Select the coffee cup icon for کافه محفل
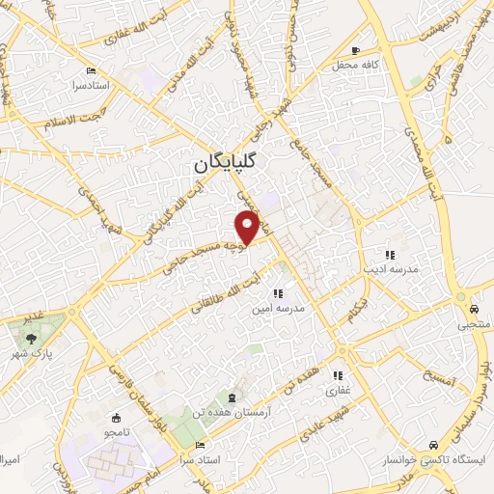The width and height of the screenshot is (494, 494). (357, 50)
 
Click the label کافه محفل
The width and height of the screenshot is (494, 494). (368, 64)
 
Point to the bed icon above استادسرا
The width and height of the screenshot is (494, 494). (92, 70)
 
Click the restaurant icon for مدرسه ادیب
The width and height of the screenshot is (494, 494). (389, 255)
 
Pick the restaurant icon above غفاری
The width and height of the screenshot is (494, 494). (340, 376)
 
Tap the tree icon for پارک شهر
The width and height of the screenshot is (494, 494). (34, 338)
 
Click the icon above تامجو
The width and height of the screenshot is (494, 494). (117, 418)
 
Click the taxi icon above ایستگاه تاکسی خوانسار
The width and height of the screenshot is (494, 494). (434, 445)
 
